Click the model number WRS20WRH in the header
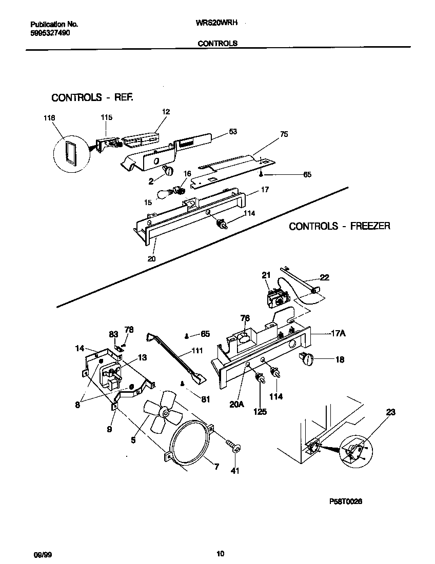pos(216,24)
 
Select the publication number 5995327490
pos(50,32)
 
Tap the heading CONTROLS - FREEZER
pos(339,226)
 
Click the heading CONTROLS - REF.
pos(92,97)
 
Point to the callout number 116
pos(49,118)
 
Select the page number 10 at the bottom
pos(220,553)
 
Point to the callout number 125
pos(260,411)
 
